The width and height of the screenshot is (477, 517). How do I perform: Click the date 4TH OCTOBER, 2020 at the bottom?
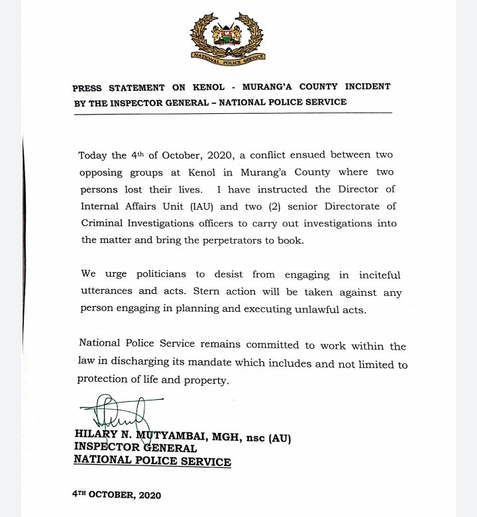point(117,494)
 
